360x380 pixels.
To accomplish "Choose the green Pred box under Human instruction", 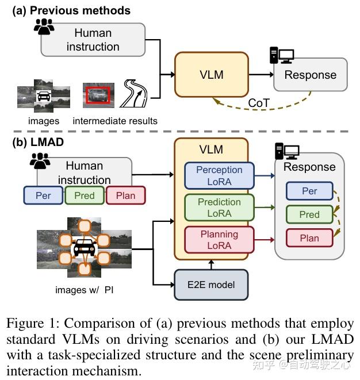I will pos(84,195).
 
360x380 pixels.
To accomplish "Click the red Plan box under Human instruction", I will pos(126,195).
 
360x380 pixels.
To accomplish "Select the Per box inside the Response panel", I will pos(309,191).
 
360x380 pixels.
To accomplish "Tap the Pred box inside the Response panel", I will pos(309,214).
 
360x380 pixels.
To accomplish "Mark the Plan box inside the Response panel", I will pos(309,238).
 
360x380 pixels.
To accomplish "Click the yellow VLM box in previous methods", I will pos(212,75).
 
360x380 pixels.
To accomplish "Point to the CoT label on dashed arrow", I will pos(259,103).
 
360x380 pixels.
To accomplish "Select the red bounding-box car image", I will pos(98,95).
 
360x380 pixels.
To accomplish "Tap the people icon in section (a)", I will pos(44,25).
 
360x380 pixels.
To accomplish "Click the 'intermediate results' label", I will pos(115,121).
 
